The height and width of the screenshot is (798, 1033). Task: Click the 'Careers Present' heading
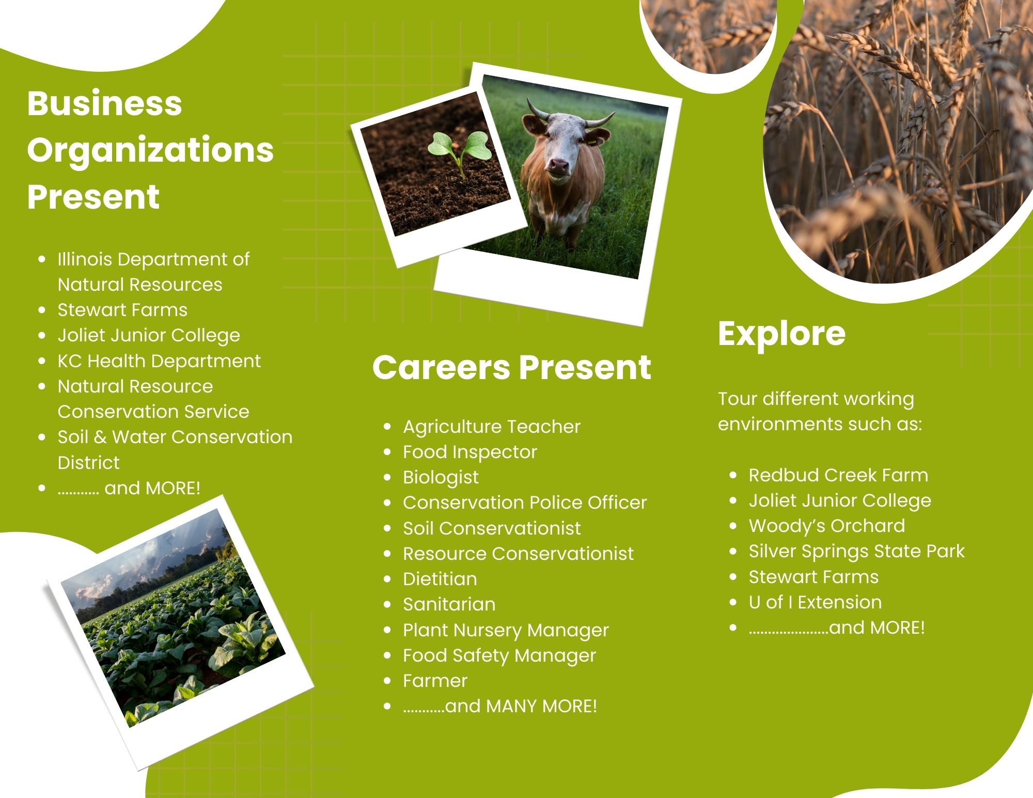511,367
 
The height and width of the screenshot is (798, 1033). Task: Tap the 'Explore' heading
781,334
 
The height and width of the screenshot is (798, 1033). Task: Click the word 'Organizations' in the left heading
150,151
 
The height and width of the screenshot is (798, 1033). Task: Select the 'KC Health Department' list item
159,361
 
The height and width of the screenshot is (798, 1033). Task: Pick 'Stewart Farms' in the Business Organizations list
122,310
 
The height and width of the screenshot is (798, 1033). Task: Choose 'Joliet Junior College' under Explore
840,500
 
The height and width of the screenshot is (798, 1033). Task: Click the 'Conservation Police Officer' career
525,503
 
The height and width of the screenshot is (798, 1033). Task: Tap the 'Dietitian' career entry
440,578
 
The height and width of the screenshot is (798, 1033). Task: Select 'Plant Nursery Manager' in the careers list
506,630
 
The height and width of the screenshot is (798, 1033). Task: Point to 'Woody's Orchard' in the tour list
827,526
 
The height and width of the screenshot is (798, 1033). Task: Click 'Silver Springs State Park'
856,551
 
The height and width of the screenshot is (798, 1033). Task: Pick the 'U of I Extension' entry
815,602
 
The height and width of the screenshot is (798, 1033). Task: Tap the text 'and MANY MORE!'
521,706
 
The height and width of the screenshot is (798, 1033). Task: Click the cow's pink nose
558,166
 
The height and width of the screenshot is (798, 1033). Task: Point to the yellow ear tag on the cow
591,140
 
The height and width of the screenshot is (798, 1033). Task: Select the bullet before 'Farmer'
388,681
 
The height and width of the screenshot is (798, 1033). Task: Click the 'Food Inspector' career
470,452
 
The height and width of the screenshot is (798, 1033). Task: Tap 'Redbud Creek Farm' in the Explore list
838,475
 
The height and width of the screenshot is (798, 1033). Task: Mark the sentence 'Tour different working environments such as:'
820,412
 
